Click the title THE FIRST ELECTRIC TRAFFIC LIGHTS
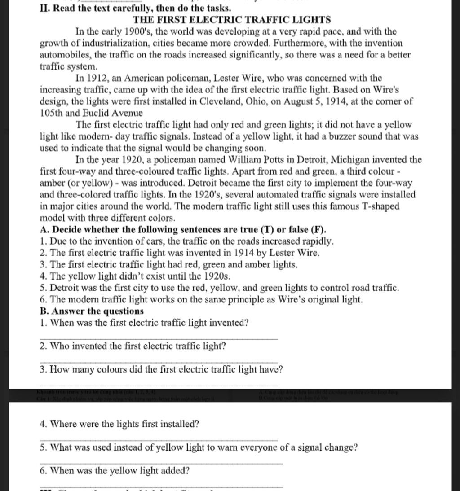pyautogui.click(x=232, y=20)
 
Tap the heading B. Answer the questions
pyautogui.click(x=92, y=311)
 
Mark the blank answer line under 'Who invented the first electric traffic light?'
pyautogui.click(x=159, y=362)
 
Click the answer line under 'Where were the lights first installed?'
pyautogui.click(x=159, y=440)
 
